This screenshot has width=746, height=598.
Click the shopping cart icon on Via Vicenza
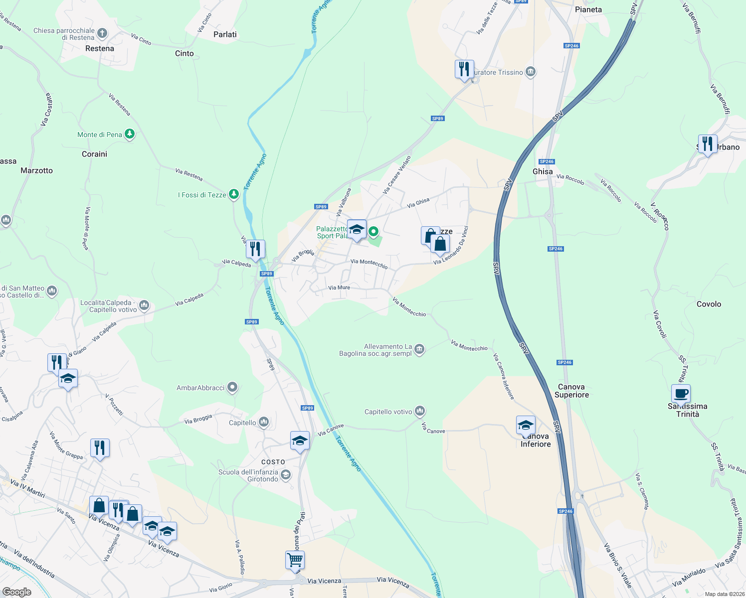point(295,560)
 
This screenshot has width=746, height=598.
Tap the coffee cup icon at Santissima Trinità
point(681,394)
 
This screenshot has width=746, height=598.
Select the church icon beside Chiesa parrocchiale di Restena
point(102,34)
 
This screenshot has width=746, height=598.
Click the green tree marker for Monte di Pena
point(130,134)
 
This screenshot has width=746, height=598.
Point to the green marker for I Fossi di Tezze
point(234,194)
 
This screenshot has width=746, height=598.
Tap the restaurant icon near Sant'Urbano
point(708,144)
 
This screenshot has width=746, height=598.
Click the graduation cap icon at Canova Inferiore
point(526,425)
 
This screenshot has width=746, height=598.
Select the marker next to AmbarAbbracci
point(232,387)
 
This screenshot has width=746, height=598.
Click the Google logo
point(16,592)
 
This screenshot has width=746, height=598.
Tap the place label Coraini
point(94,154)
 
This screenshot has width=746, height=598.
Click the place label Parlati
point(225,34)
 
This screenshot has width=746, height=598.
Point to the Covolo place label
point(709,304)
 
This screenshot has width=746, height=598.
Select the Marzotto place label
point(36,170)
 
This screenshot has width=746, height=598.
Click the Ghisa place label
point(543,171)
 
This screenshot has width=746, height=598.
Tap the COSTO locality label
point(273,462)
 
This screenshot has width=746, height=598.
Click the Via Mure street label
point(339,288)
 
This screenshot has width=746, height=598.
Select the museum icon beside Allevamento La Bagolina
point(419,349)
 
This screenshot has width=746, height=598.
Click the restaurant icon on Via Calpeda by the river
point(255,249)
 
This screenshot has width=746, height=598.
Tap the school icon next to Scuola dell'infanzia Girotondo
point(286,475)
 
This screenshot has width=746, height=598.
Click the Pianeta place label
point(588,9)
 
